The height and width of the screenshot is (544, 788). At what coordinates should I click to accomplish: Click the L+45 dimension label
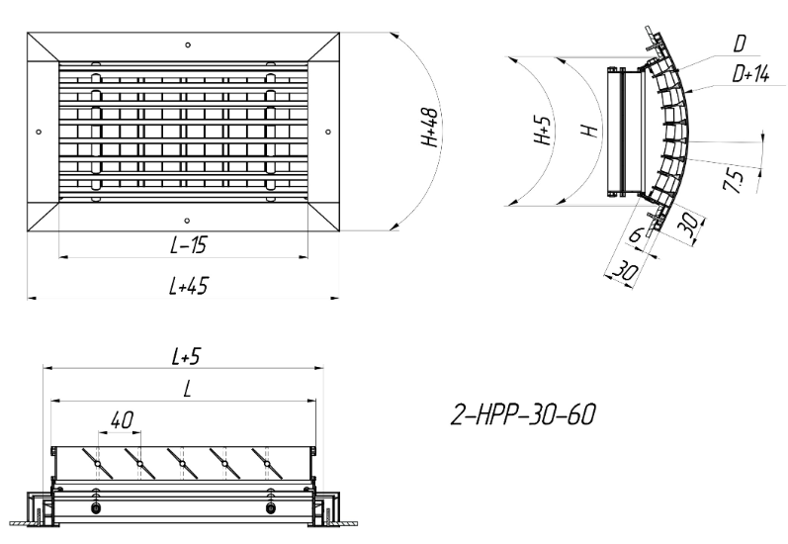click(x=189, y=286)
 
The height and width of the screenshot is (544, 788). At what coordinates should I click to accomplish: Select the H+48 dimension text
click(x=430, y=128)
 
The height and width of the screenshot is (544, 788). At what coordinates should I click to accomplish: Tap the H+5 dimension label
click(x=543, y=130)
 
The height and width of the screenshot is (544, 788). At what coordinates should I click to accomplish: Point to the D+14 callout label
click(x=750, y=74)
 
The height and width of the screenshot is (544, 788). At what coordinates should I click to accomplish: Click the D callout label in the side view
click(x=740, y=44)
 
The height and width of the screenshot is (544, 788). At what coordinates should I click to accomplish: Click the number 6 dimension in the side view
click(x=637, y=234)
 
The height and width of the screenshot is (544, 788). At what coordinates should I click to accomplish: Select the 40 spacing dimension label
click(x=122, y=419)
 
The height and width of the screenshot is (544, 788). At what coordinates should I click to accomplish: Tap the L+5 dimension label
click(x=186, y=356)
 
